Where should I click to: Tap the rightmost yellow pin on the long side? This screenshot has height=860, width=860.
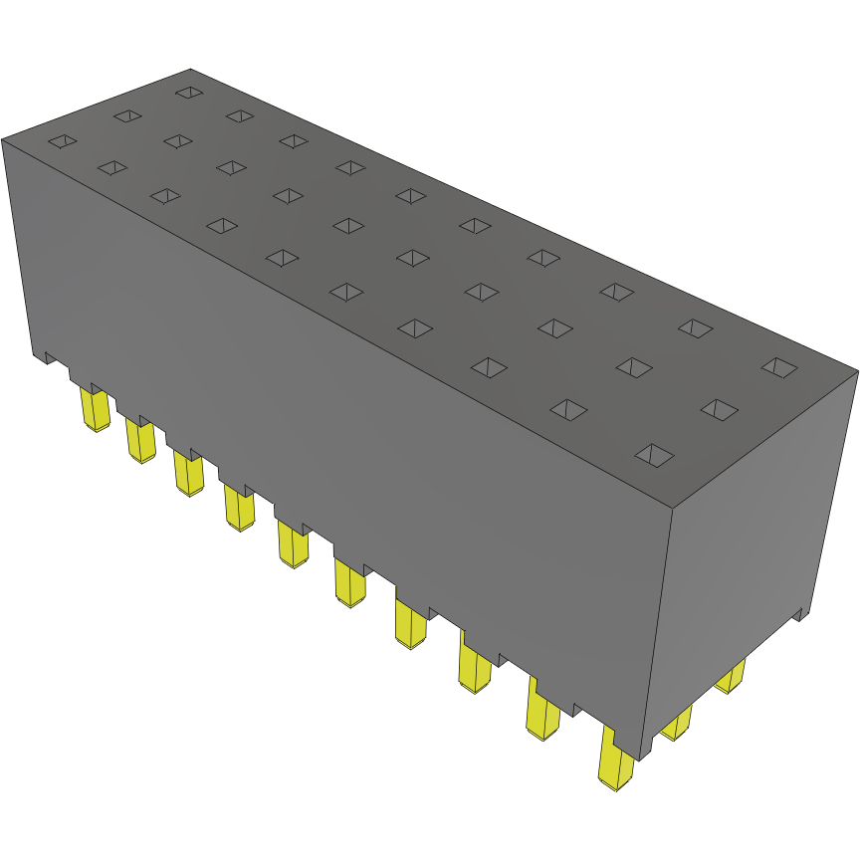click(616, 761)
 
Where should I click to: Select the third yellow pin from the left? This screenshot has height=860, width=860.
click(187, 472)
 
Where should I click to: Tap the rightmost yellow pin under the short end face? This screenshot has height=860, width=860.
click(732, 678)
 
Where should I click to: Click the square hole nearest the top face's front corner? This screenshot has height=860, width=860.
click(654, 455)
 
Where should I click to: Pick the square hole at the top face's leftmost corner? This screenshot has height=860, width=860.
click(62, 141)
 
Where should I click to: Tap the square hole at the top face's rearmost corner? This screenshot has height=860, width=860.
click(188, 93)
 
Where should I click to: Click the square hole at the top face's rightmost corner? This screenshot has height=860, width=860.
click(779, 366)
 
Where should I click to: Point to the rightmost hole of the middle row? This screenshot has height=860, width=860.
click(720, 408)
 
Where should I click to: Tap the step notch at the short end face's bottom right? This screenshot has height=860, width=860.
click(800, 615)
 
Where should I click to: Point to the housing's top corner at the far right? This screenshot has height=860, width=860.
click(856, 372)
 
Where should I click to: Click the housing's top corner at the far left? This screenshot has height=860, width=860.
click(3, 139)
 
